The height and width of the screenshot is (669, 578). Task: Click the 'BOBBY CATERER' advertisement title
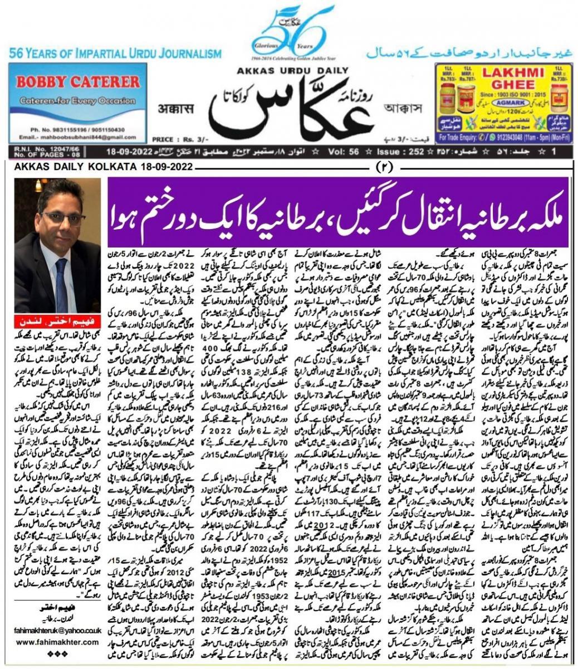77,82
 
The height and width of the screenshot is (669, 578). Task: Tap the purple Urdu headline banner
337,201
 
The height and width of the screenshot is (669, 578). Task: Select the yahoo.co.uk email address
58,630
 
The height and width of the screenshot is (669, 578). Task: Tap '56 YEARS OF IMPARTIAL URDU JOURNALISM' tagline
115,54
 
